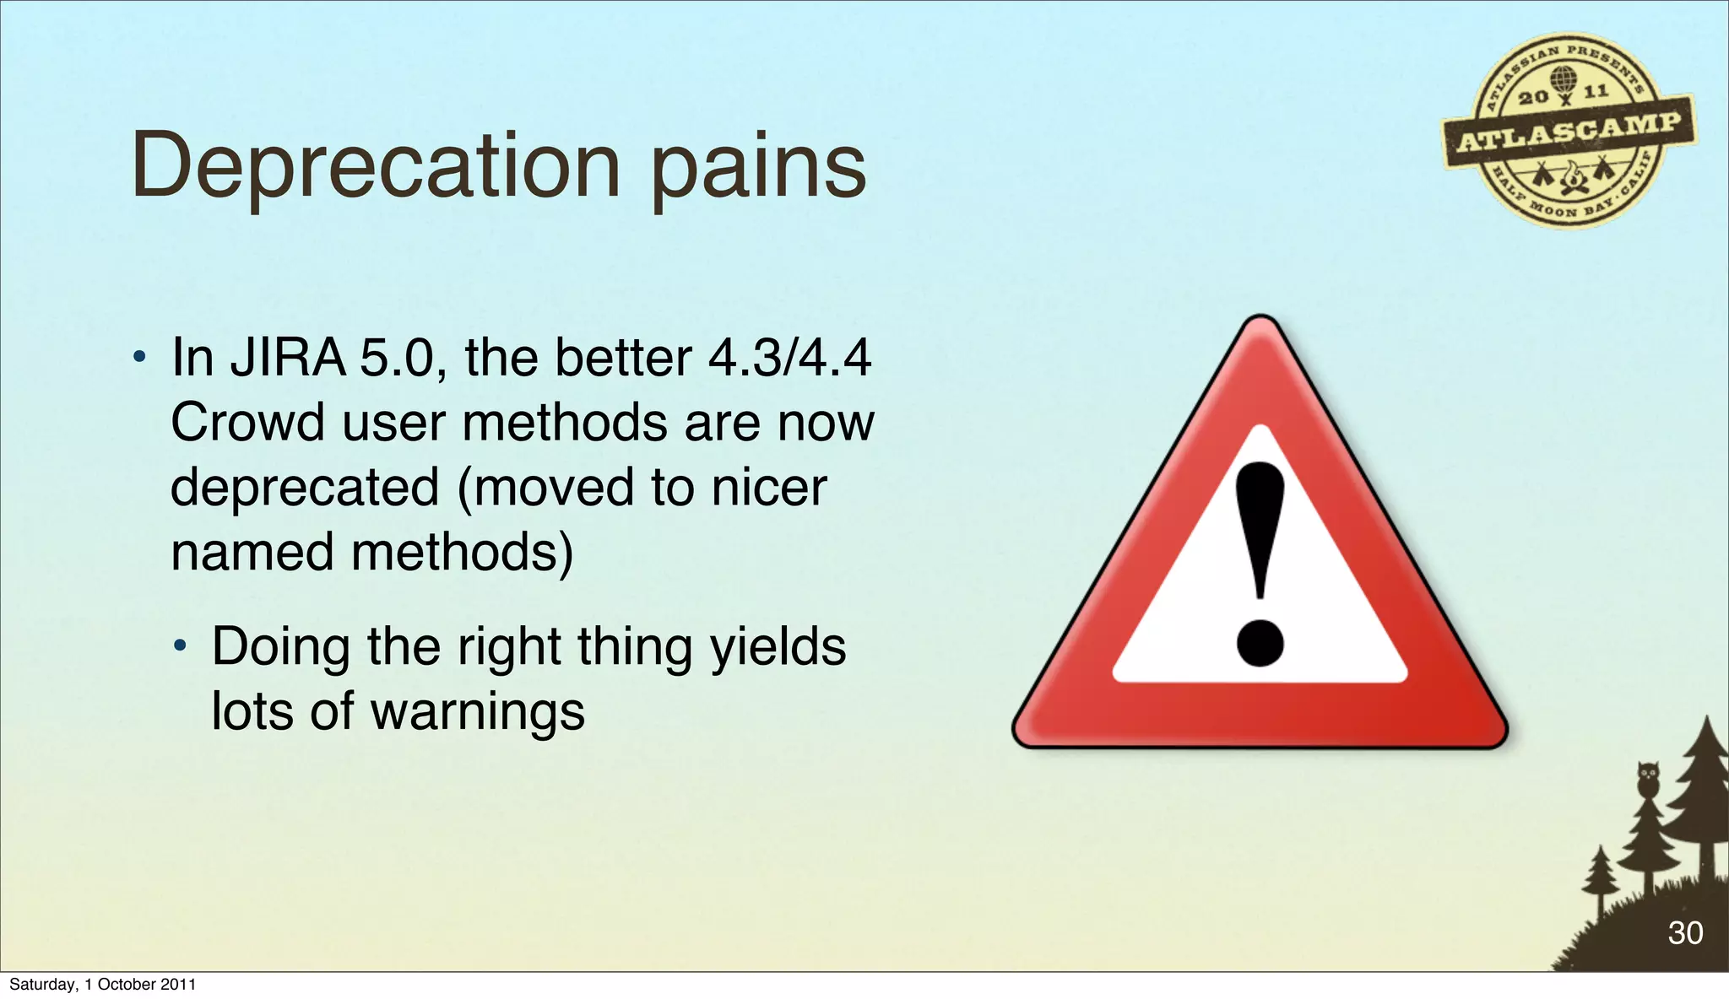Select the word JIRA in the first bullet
coord(288,358)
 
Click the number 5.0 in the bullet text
coord(396,358)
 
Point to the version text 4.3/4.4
coord(789,358)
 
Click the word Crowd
coord(247,422)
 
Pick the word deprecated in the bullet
coord(305,488)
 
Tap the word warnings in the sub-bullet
coord(478,711)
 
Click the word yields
coord(778,647)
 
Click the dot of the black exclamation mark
coord(1260,644)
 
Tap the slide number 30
coord(1684,932)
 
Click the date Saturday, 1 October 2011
coord(102,984)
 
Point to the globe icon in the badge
coord(1564,80)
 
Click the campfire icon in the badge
coord(1572,177)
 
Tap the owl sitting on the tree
coord(1648,778)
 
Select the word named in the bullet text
coord(252,553)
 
